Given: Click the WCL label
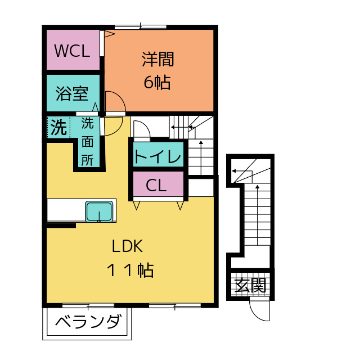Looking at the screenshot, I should [71, 51].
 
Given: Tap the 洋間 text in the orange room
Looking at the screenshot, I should [157, 58].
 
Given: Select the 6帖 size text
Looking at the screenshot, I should [157, 83].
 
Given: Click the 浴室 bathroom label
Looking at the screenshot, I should [71, 93].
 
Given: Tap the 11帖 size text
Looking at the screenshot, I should [130, 271].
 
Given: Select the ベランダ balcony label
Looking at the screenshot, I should [89, 323].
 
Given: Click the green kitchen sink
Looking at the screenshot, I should [99, 212].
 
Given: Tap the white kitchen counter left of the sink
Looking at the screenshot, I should [66, 211].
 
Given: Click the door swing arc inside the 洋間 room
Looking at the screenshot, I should [115, 101].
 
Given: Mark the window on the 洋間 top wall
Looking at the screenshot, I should [140, 26].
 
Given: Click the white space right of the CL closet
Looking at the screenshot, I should [200, 187].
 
